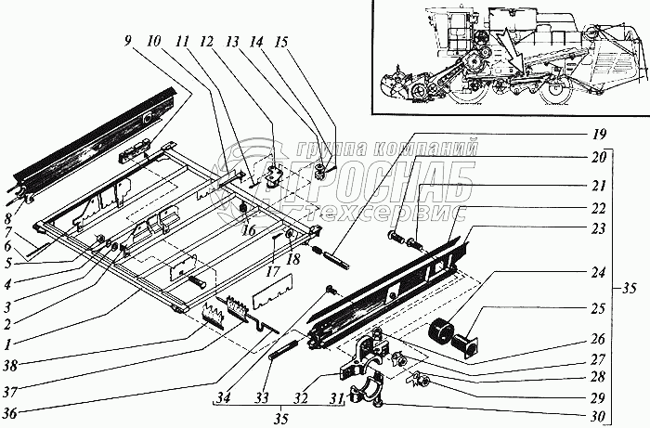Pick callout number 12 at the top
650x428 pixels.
coord(231,43)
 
